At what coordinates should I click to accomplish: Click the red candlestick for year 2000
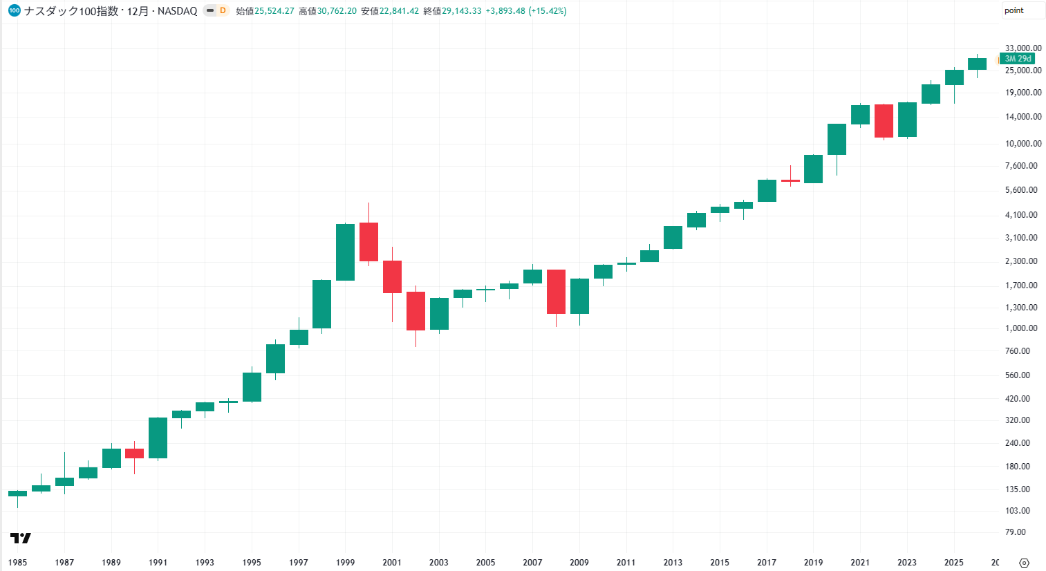coord(368,242)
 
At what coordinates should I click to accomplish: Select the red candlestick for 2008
coord(556,292)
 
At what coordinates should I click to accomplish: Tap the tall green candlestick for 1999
coord(345,252)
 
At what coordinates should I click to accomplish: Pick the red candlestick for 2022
coord(884,121)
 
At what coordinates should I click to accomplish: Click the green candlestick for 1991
coord(158,438)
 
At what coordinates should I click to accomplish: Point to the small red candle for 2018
coord(790,180)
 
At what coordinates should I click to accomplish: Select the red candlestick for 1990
coord(135,453)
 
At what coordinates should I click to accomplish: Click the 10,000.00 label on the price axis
coord(1023,143)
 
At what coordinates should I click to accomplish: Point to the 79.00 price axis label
coord(1015,532)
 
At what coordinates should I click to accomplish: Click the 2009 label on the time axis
coord(579,563)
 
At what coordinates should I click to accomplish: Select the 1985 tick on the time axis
coord(17,563)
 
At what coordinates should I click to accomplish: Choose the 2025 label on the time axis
coord(953,563)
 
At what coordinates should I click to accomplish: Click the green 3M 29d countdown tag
coord(1018,59)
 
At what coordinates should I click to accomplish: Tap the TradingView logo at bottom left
coord(21,539)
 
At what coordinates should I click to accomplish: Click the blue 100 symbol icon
coord(15,10)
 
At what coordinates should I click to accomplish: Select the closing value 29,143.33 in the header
coord(461,11)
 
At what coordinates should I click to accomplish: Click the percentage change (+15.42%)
coord(548,11)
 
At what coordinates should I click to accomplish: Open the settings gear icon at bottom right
coord(1024,563)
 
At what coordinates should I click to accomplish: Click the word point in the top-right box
coord(1014,10)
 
